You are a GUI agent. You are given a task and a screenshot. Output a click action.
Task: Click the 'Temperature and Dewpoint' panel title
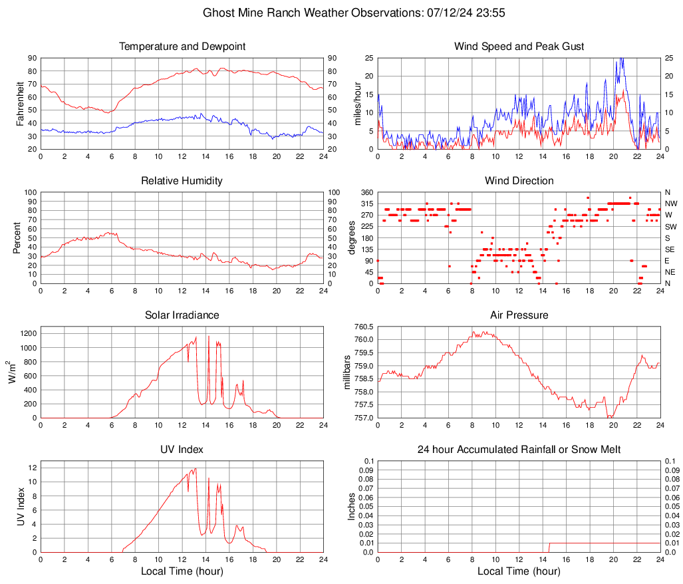(x=182, y=47)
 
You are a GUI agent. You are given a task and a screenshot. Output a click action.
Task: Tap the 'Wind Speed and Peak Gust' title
(x=519, y=47)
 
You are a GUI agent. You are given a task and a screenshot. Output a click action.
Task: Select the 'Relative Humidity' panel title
(x=182, y=181)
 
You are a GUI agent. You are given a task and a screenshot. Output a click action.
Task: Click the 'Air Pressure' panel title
(x=519, y=315)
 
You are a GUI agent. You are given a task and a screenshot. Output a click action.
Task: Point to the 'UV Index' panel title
(x=182, y=450)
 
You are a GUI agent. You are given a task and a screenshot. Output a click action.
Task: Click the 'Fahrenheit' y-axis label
(x=20, y=103)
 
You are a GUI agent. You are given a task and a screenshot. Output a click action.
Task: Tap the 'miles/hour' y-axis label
(x=357, y=103)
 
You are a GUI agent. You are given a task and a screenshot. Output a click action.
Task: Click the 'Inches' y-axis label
(x=352, y=506)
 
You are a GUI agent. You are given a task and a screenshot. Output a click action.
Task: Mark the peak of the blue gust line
(x=622, y=59)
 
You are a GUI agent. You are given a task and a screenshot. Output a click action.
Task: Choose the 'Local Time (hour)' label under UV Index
(x=182, y=571)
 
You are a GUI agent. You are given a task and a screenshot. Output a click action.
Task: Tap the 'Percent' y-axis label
(x=17, y=237)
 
